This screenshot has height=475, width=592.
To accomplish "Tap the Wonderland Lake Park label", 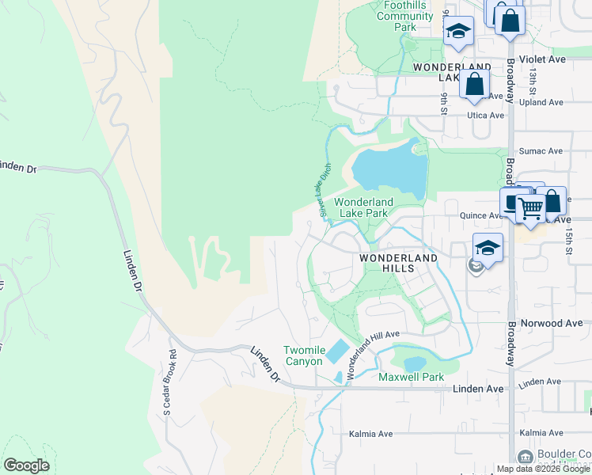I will pos(364,207).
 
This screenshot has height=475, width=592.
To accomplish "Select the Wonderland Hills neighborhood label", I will pos(398,264).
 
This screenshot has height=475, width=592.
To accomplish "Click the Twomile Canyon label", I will pos(304,355).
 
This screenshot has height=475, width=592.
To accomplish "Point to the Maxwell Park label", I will pos(411,377).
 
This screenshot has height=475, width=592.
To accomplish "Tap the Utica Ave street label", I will pos(485,115).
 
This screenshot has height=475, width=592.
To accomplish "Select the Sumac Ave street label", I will pos(540,150).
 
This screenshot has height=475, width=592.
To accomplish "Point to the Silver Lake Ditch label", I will pos(323,190).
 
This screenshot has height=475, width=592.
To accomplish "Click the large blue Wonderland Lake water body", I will pos(389,169).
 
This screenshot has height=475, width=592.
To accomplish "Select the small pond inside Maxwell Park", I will pos(415,363).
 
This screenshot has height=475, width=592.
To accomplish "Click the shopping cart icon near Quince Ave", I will pos(531,209).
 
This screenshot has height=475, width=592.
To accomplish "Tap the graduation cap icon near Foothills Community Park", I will pos(457,32).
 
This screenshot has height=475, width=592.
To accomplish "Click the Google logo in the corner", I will pos(26,465).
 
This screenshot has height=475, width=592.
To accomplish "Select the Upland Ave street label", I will pos(542,102).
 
